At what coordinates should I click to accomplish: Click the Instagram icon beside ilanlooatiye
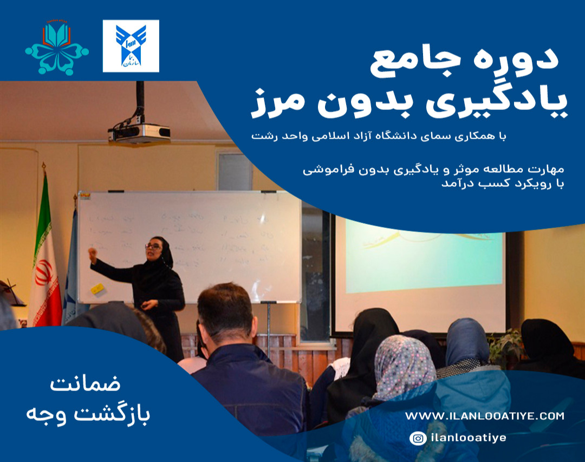tap(418, 438)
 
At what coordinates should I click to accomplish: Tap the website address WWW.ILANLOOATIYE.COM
tap(484, 416)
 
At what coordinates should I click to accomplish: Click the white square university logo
tap(131, 46)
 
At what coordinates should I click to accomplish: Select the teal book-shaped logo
tap(57, 48)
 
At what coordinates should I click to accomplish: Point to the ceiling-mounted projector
tap(139, 132)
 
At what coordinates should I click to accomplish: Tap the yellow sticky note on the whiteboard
tap(97, 289)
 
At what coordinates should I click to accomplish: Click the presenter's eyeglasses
tap(153, 246)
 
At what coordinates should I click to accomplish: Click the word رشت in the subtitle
tap(264, 136)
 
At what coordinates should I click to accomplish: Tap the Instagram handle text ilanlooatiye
tap(468, 438)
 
